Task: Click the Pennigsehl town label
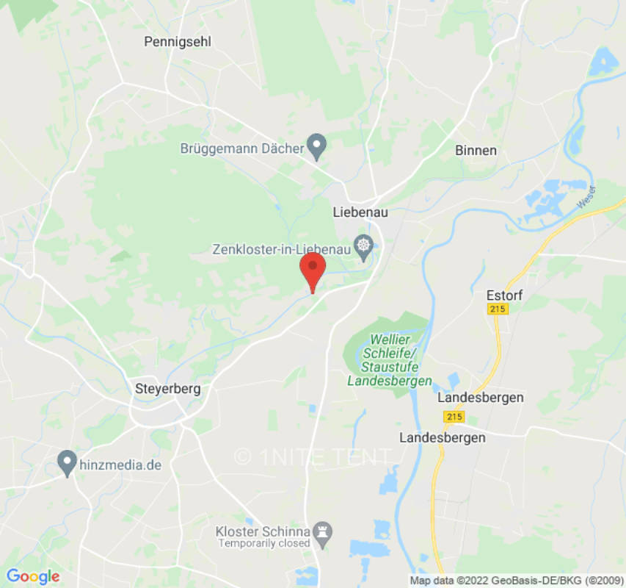[178, 42]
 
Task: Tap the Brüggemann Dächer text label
[242, 148]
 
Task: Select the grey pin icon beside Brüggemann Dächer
[316, 146]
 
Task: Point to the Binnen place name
[476, 150]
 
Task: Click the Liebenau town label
[360, 212]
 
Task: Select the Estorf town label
[503, 295]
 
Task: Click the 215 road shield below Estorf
[498, 309]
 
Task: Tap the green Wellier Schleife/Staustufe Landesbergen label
[390, 360]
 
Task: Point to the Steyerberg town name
[168, 388]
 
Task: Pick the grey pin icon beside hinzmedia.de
[68, 463]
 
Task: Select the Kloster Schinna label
[262, 531]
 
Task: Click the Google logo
[33, 577]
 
